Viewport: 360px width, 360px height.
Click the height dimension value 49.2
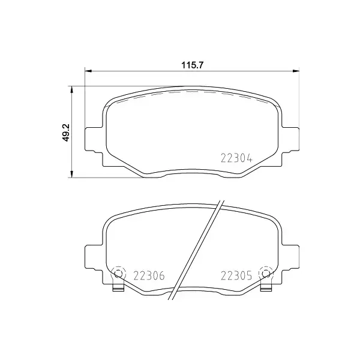[67, 132]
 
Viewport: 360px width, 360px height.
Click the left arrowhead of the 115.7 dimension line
[89, 72]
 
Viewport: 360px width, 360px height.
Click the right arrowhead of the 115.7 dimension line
[296, 72]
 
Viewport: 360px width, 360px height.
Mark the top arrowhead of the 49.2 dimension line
[73, 90]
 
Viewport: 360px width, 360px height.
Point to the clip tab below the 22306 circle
[118, 289]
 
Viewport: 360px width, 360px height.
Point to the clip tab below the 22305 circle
[266, 289]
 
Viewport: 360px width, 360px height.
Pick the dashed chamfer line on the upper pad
[192, 93]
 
